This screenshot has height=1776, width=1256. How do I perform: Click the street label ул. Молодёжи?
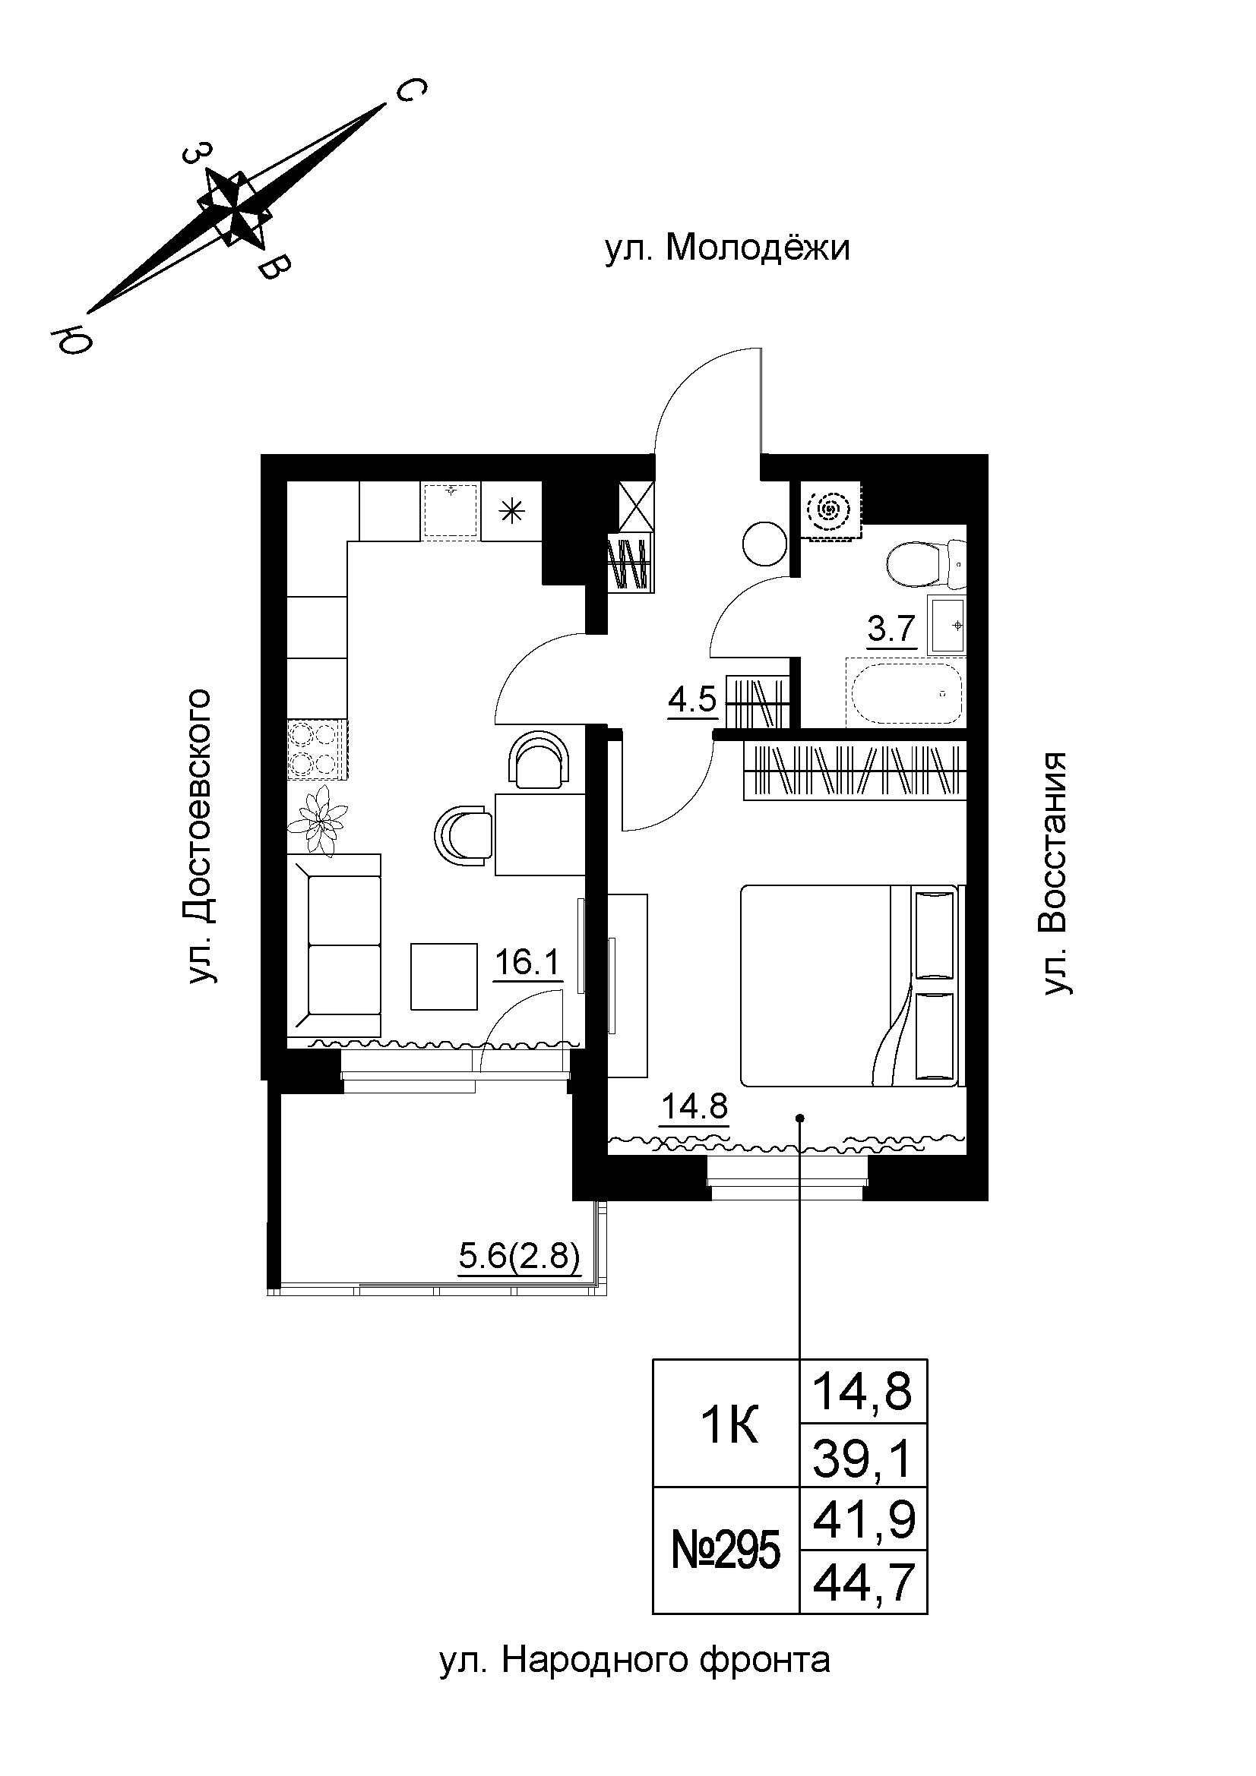coord(726,249)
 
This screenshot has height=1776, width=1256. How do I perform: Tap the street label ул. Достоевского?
coord(199,835)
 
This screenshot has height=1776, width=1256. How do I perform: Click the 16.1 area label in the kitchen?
coord(527,962)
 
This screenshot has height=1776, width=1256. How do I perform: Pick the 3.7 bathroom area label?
coord(892,629)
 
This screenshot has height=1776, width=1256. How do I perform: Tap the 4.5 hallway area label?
coord(692,700)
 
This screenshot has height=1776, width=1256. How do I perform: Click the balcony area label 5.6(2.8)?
coord(519,1257)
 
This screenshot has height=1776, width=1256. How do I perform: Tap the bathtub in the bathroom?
coord(906,694)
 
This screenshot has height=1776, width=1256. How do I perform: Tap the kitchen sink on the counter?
coord(451,509)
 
